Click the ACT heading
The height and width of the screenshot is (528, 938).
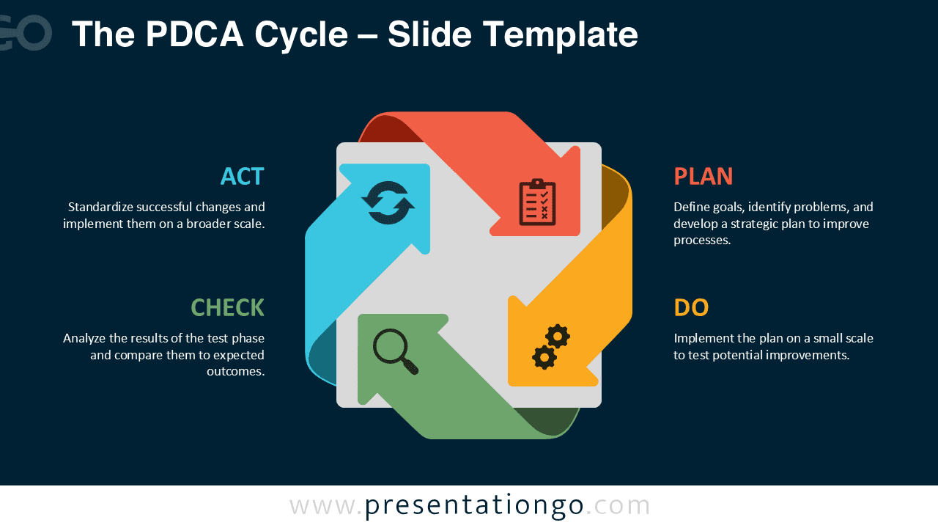[242, 177]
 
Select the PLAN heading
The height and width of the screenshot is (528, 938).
[703, 177]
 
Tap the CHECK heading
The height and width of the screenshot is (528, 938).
[227, 307]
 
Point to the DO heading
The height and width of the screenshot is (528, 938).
[691, 307]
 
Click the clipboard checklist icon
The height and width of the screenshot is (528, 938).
[537, 202]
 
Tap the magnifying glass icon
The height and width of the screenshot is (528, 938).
[395, 351]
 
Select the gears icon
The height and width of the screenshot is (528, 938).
[551, 347]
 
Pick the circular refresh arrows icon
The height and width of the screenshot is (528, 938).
[388, 203]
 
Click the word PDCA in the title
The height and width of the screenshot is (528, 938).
[194, 34]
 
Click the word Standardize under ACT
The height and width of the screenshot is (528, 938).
[100, 207]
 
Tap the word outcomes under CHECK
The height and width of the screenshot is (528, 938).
[236, 371]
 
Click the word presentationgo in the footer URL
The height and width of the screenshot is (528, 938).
[474, 506]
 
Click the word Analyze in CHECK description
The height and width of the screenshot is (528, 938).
[84, 339]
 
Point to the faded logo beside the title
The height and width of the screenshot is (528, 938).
[26, 33]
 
